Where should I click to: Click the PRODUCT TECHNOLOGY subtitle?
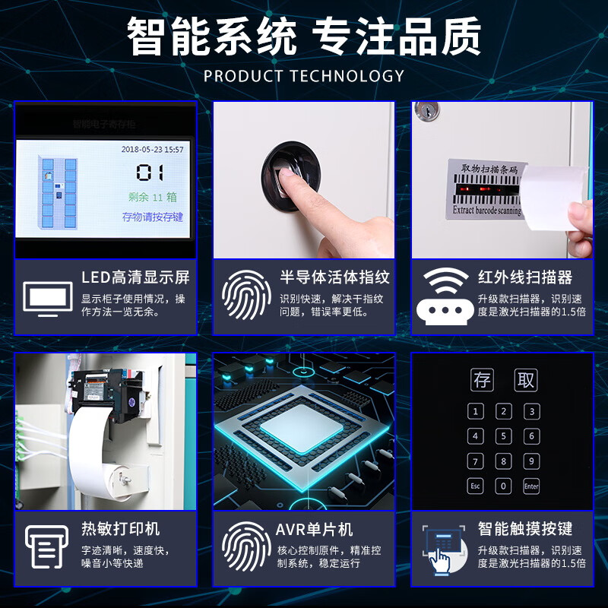click(304, 76)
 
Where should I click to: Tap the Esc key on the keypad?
click(476, 486)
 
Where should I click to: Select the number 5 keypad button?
click(503, 436)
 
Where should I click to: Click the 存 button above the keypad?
click(482, 380)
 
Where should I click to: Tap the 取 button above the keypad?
click(524, 380)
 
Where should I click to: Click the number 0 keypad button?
click(503, 486)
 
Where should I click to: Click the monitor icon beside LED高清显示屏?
click(48, 298)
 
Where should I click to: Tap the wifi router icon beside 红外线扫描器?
click(445, 297)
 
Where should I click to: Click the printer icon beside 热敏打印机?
click(47, 546)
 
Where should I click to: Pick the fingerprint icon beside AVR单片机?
click(247, 546)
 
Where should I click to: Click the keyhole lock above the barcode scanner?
click(428, 111)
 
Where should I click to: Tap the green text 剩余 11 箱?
click(150, 197)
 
